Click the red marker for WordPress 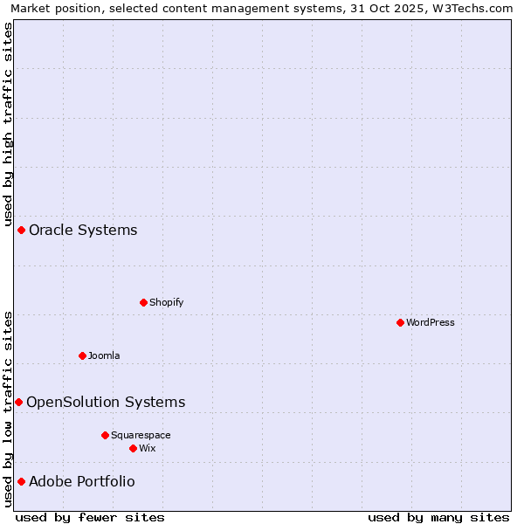400,322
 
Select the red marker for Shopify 143,302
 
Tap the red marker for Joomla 82,355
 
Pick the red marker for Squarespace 105,435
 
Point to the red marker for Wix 133,448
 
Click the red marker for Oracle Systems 21,230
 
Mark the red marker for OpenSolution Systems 18,402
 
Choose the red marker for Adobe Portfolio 21,481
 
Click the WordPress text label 431,322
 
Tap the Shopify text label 166,302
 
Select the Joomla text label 104,355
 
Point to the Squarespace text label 141,435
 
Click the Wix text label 147,448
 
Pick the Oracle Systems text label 83,230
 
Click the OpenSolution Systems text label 106,402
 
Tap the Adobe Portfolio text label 82,481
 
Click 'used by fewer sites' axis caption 90,517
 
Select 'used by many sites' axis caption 438,517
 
